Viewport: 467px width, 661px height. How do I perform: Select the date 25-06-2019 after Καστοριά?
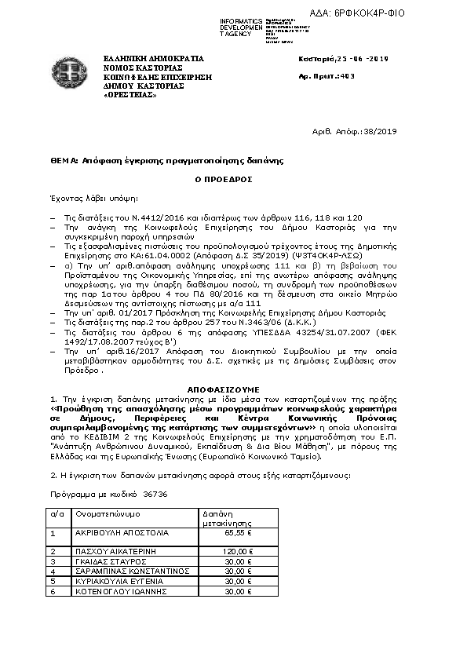tap(360, 59)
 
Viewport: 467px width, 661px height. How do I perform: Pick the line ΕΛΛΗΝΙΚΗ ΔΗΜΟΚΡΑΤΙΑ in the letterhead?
tap(153, 59)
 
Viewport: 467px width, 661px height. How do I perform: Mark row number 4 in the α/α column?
tap(53, 572)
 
